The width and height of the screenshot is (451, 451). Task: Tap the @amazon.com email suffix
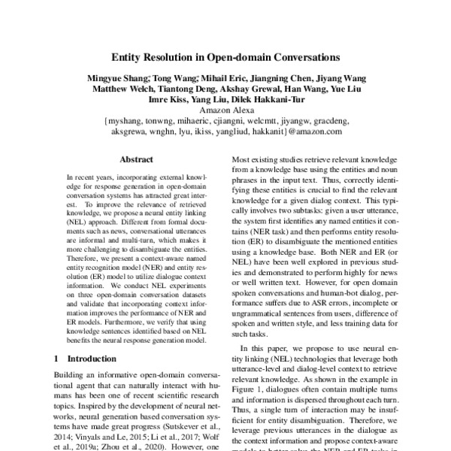click(x=315, y=131)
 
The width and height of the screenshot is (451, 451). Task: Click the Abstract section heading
click(x=137, y=159)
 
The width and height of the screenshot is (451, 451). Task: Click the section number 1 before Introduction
click(x=59, y=359)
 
